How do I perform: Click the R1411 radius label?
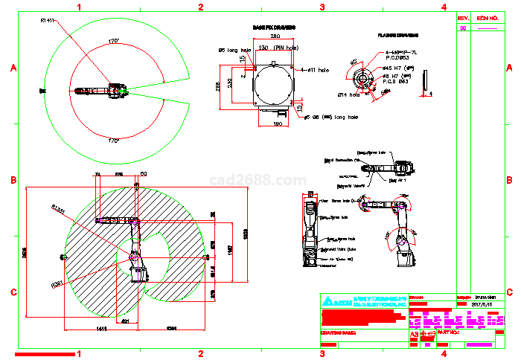[48, 20]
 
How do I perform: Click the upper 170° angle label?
[113, 40]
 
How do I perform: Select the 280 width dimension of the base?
[274, 36]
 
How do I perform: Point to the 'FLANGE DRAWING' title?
[397, 35]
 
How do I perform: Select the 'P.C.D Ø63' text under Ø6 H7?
[396, 80]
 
